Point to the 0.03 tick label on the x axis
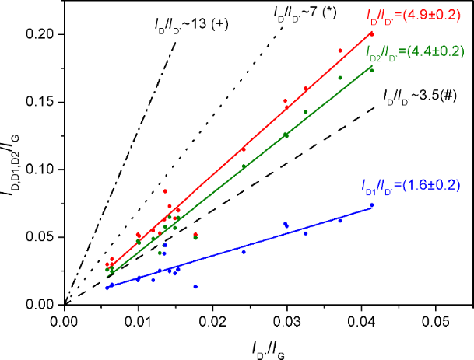(286, 319)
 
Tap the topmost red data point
(372, 34)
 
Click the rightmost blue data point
(372, 205)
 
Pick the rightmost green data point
(372, 71)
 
